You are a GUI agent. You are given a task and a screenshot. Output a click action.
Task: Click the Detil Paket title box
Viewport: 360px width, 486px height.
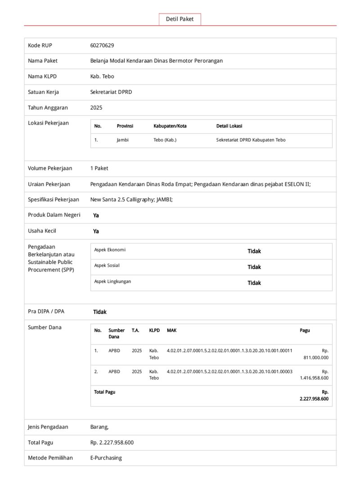pyautogui.click(x=180, y=19)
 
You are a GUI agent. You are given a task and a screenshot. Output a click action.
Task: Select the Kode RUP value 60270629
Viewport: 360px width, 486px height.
pyautogui.click(x=102, y=45)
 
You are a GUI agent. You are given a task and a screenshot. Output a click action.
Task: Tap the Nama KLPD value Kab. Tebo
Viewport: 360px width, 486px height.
pyautogui.click(x=102, y=76)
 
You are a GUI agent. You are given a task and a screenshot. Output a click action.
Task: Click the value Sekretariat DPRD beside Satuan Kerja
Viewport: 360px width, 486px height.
pyautogui.click(x=111, y=92)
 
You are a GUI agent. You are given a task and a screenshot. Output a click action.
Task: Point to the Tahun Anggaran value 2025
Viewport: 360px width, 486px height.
pyautogui.click(x=96, y=107)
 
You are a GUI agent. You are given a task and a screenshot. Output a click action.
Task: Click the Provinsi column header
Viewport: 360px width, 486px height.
pyautogui.click(x=125, y=126)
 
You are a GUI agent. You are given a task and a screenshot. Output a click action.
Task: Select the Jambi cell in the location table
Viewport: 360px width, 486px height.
pyautogui.click(x=122, y=140)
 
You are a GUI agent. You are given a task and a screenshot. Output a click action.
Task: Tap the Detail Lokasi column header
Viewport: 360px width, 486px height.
pyautogui.click(x=229, y=126)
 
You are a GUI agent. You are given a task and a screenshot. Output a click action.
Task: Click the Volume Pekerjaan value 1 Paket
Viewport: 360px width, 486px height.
pyautogui.click(x=99, y=168)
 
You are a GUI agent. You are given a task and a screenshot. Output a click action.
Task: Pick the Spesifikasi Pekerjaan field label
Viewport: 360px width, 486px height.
pyautogui.click(x=54, y=199)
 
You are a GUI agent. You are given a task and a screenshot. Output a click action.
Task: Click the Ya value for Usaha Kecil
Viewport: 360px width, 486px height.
pyautogui.click(x=96, y=231)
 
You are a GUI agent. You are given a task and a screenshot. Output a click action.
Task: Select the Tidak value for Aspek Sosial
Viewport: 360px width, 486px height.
pyautogui.click(x=254, y=267)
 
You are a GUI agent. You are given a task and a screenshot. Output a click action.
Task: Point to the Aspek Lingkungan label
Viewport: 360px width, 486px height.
pyautogui.click(x=112, y=281)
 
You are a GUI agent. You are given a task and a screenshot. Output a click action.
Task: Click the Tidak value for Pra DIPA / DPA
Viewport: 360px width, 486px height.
pyautogui.click(x=100, y=312)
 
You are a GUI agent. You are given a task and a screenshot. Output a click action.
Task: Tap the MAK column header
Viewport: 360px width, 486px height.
pyautogui.click(x=171, y=330)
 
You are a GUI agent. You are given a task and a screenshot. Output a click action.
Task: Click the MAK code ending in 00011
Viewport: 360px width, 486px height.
pyautogui.click(x=229, y=350)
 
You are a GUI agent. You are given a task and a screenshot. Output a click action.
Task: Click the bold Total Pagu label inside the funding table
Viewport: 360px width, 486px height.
pyautogui.click(x=104, y=392)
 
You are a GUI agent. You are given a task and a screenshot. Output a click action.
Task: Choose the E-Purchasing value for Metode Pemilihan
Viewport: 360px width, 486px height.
pyautogui.click(x=106, y=458)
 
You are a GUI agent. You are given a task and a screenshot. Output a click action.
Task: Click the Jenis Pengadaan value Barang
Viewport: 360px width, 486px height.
pyautogui.click(x=99, y=427)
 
